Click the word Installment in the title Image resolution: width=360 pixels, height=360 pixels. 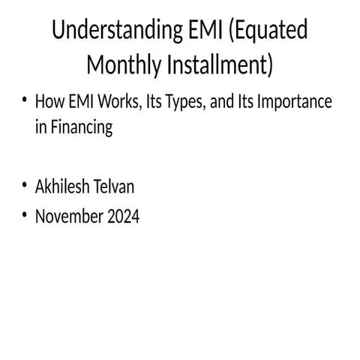tap(221, 65)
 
